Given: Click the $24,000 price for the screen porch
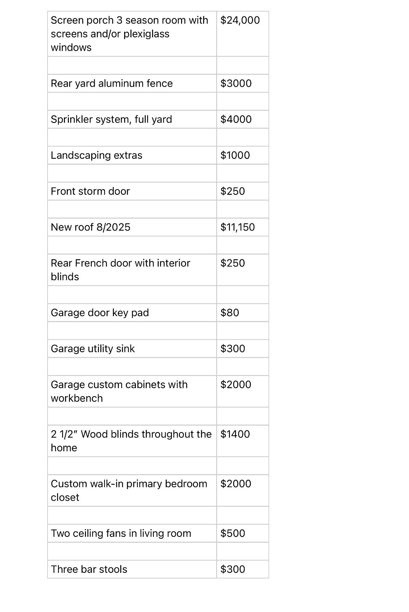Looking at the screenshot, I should click(x=240, y=20).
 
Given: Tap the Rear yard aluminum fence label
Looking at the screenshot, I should click(x=112, y=84).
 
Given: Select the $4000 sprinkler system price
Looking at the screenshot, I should click(x=236, y=120).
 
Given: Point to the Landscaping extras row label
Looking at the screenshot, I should click(x=96, y=156).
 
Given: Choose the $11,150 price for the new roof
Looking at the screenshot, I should click(x=237, y=227).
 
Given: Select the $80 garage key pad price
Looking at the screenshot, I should click(x=230, y=313).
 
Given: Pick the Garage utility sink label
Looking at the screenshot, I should click(x=93, y=349).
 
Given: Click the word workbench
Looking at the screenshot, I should click(x=77, y=398).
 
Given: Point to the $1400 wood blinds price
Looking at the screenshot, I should click(x=235, y=434).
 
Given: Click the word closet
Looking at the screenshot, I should click(x=65, y=498).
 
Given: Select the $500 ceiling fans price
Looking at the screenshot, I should click(x=232, y=534).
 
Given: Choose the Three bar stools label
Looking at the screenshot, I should click(x=89, y=569).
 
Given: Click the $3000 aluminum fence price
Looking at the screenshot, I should click(x=236, y=84).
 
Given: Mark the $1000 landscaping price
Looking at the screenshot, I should click(x=235, y=156).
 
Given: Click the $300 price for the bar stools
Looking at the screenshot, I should click(x=232, y=569).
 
